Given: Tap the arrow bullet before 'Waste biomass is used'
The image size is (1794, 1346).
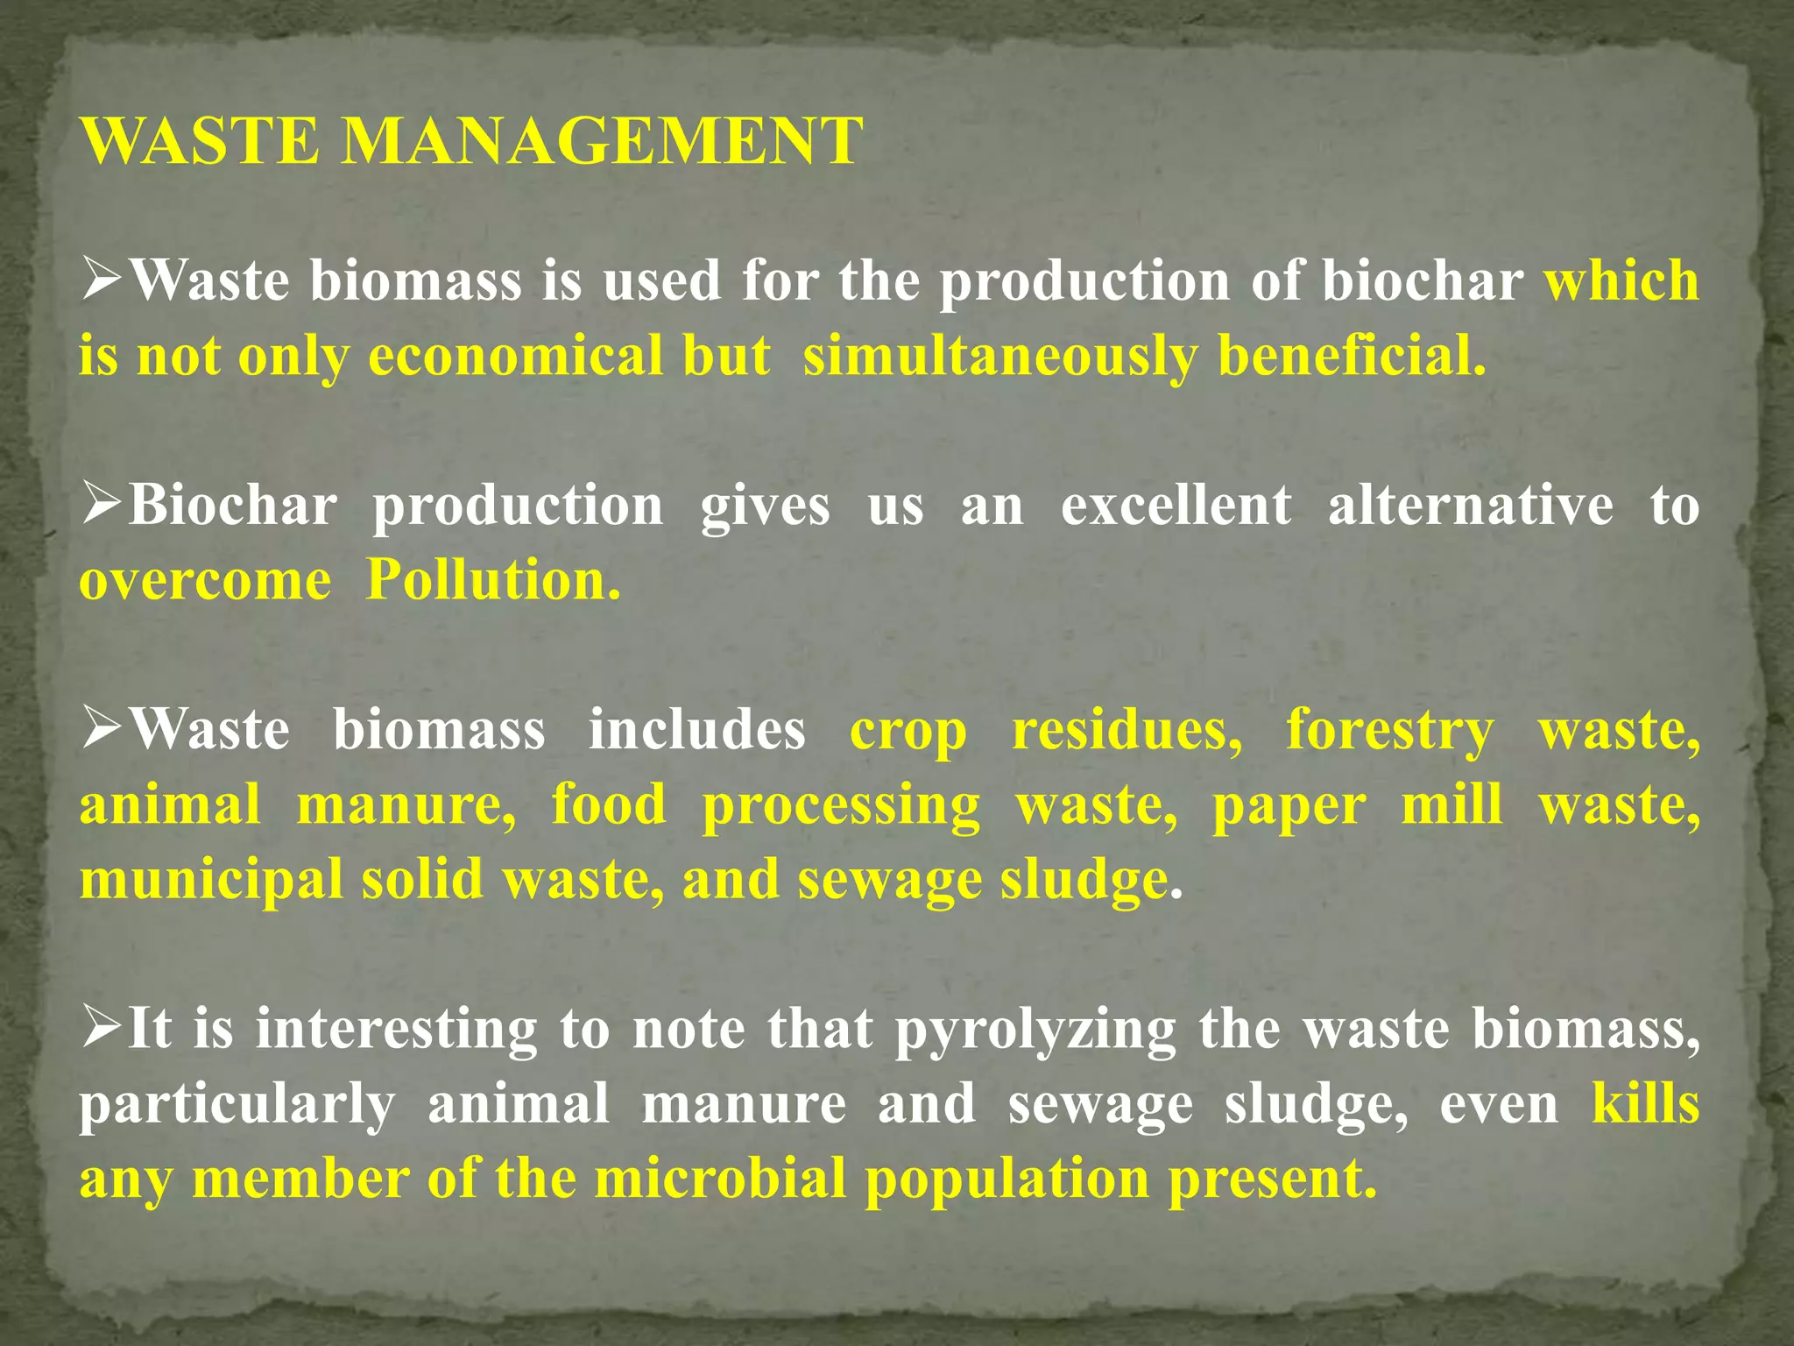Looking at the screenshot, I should pyautogui.click(x=102, y=280).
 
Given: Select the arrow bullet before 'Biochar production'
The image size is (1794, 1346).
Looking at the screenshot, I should pyautogui.click(x=102, y=505).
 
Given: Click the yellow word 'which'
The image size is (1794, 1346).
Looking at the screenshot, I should pyautogui.click(x=1621, y=280).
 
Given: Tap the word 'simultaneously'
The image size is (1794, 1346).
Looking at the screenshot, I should pyautogui.click(x=999, y=357).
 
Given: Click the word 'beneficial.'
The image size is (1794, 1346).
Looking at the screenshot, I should pyautogui.click(x=1353, y=357).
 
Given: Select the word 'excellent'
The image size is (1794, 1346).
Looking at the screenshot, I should pyautogui.click(x=1176, y=506).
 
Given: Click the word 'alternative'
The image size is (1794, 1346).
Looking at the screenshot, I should pyautogui.click(x=1470, y=506).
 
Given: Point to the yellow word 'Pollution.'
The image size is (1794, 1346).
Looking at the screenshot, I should pyautogui.click(x=493, y=580).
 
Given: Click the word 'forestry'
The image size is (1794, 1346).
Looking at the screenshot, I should pyautogui.click(x=1389, y=731).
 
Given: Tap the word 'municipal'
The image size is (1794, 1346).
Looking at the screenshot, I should pyautogui.click(x=210, y=881).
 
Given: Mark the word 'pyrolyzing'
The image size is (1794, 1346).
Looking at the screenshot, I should pyautogui.click(x=1035, y=1029).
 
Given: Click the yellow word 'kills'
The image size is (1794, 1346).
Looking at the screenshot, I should pyautogui.click(x=1645, y=1103).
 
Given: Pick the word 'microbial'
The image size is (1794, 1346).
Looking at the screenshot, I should pyautogui.click(x=720, y=1179).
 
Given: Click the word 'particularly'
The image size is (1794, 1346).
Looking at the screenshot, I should pyautogui.click(x=237, y=1104).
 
